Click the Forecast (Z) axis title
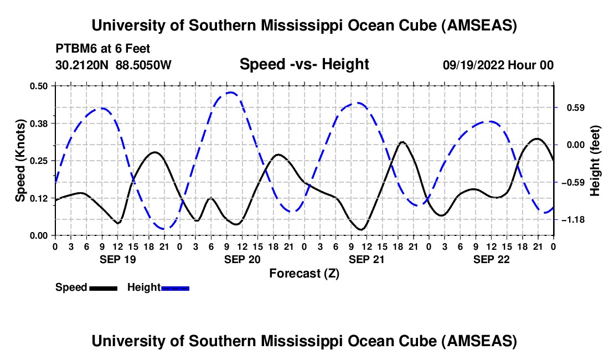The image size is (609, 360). coord(304,273)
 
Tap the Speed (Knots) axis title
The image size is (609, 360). coord(20,161)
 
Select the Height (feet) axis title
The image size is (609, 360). coord(595,161)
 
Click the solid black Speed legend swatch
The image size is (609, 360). coord(103,287)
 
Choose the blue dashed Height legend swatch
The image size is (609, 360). coord(176,287)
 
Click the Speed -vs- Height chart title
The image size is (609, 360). coord(304,65)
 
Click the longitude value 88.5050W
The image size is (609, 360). coord(144,65)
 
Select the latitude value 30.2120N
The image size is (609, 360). coord(83,65)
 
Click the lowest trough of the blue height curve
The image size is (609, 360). coord(165,228)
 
